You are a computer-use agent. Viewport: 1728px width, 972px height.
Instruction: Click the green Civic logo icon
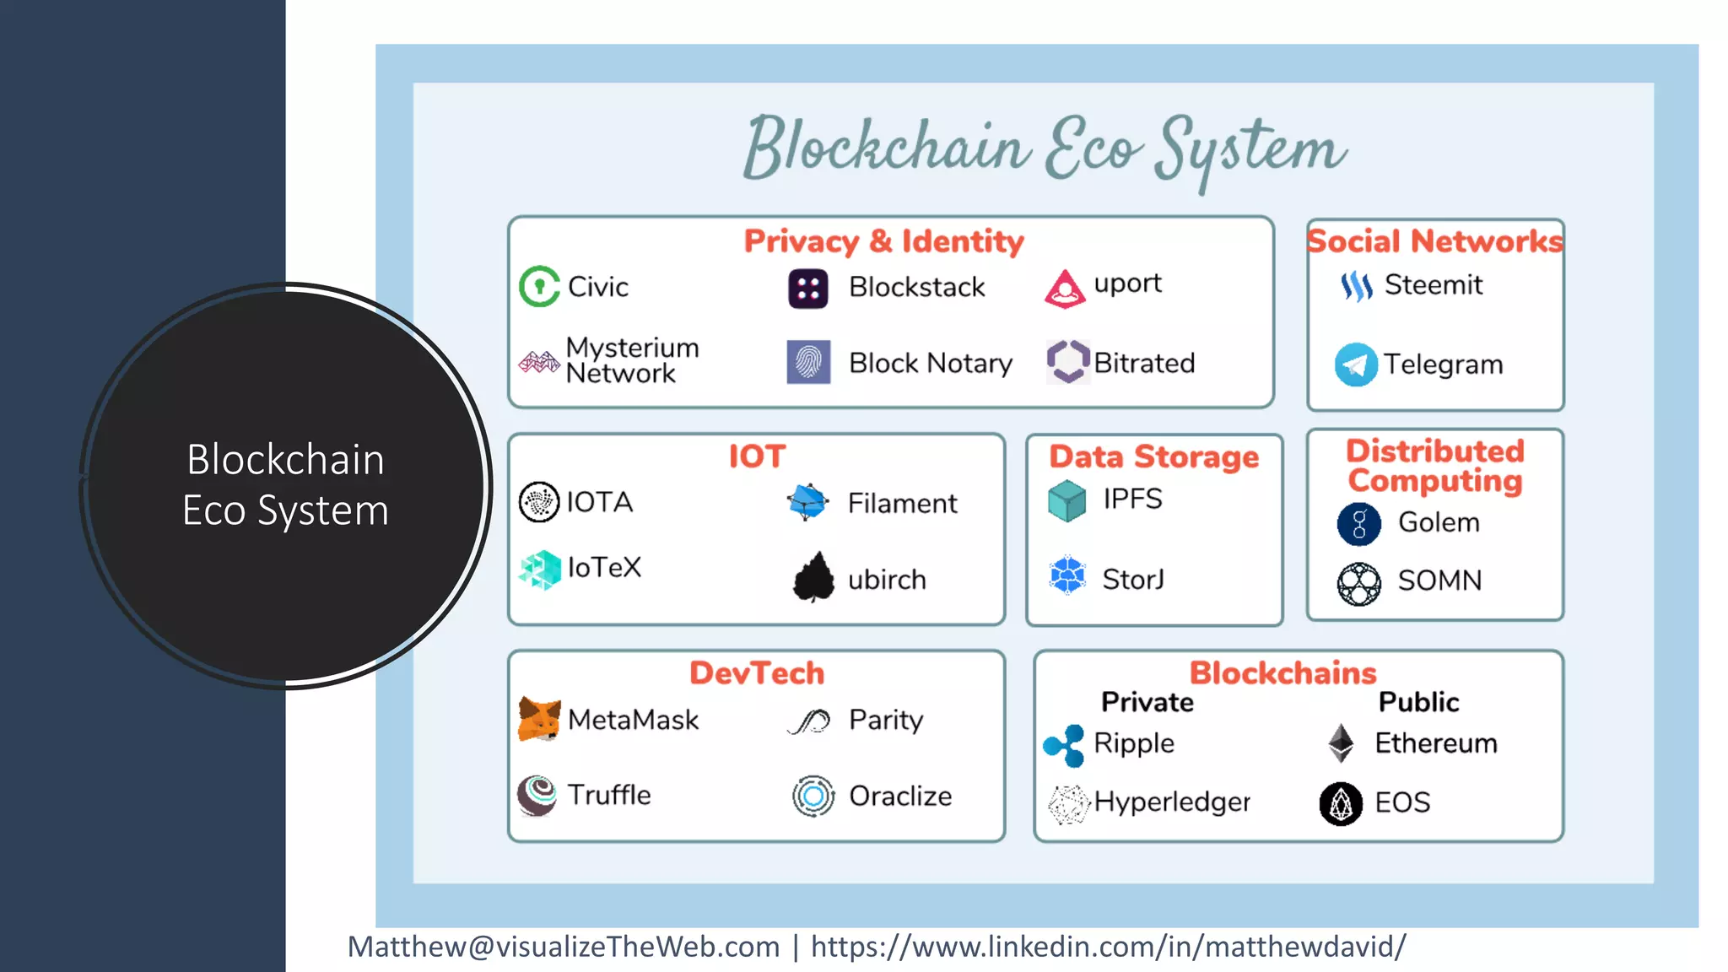(539, 287)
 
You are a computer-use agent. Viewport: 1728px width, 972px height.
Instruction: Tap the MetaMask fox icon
(539, 720)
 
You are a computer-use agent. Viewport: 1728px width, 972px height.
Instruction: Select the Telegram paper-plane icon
(1356, 364)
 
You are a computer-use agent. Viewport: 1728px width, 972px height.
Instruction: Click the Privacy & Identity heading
(883, 241)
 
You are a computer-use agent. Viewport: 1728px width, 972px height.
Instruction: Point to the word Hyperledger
(1172, 802)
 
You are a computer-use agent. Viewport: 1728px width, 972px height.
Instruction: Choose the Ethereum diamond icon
(1341, 742)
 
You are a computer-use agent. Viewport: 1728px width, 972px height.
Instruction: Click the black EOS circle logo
(1341, 803)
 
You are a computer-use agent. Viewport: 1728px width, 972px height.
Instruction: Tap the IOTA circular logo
(539, 502)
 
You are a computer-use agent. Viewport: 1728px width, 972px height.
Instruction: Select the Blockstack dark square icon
(807, 289)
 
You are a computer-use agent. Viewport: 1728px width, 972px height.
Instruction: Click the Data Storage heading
(1153, 456)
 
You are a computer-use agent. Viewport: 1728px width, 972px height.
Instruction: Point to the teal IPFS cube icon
(1066, 500)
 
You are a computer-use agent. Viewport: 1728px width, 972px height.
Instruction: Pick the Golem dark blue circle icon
(1358, 524)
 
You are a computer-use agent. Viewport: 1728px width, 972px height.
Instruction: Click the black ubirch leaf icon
(813, 578)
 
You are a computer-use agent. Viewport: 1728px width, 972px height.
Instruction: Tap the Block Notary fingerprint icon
(808, 362)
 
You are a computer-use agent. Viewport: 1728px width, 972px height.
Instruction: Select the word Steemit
(1433, 285)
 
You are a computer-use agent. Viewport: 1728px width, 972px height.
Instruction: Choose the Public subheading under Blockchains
(1418, 702)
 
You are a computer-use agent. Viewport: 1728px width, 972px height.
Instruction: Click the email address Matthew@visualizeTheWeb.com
(564, 947)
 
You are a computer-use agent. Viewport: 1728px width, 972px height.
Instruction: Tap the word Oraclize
(899, 796)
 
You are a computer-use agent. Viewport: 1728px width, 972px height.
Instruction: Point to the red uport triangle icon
(1065, 289)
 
